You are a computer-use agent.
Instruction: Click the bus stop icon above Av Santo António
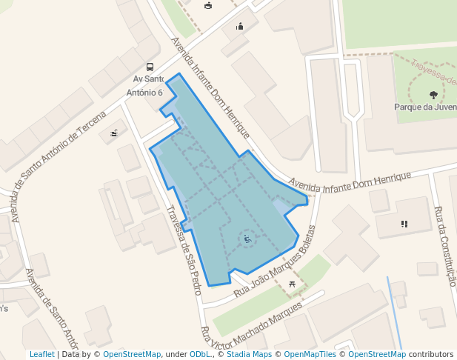pyautogui.click(x=150, y=67)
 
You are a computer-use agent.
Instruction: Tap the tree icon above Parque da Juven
pyautogui.click(x=433, y=94)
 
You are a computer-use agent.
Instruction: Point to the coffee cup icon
pyautogui.click(x=207, y=6)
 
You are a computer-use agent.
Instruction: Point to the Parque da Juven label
pyautogui.click(x=425, y=107)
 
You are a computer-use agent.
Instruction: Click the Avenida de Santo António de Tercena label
pyautogui.click(x=59, y=159)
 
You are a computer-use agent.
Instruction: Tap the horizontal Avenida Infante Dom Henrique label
pyautogui.click(x=349, y=179)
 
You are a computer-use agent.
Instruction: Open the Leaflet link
pyautogui.click(x=42, y=354)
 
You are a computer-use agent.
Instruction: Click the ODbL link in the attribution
pyautogui.click(x=201, y=354)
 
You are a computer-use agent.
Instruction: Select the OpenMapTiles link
pyautogui.click(x=305, y=354)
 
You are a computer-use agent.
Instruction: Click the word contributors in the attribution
pyautogui.click(x=430, y=354)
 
